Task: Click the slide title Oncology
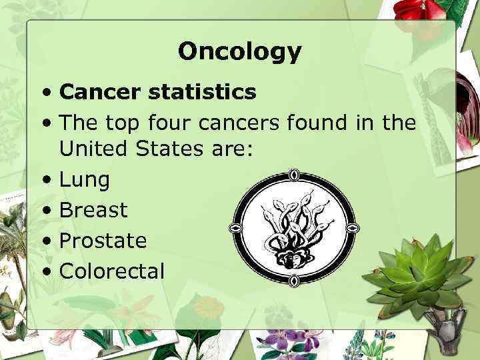[240, 51]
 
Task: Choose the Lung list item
[85, 180]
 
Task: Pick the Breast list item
[93, 210]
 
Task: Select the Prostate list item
[103, 241]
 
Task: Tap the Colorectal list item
[111, 271]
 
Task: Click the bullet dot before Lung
[45, 180]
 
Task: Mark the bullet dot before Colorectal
[45, 271]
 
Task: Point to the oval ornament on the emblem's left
[234, 228]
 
